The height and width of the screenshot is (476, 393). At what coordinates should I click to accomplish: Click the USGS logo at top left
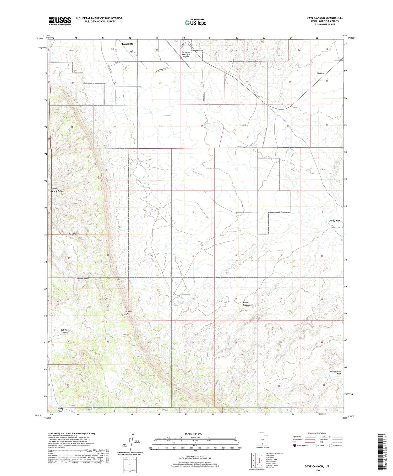coord(60,21)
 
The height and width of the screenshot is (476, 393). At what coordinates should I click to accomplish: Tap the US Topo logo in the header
coord(195,23)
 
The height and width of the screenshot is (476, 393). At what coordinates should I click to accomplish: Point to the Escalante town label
coord(127,44)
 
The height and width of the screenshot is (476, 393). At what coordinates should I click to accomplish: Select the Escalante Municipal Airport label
coord(186,54)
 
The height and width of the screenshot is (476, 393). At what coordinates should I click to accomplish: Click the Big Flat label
coord(320,74)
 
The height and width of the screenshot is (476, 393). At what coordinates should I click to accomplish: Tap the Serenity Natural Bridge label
coord(57,190)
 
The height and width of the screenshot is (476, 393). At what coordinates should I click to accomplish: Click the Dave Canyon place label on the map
coord(83,279)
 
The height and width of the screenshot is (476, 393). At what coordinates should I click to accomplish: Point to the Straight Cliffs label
coord(128,313)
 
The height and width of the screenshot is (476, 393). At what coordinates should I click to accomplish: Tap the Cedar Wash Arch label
coord(248,304)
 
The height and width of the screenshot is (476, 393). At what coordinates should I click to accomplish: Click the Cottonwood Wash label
coord(336,373)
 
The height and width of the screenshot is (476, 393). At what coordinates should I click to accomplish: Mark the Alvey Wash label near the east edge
coord(335,221)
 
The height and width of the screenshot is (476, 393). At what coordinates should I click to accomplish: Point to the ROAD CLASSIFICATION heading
coord(317,433)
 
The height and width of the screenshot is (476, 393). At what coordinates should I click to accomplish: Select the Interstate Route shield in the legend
coord(295,445)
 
